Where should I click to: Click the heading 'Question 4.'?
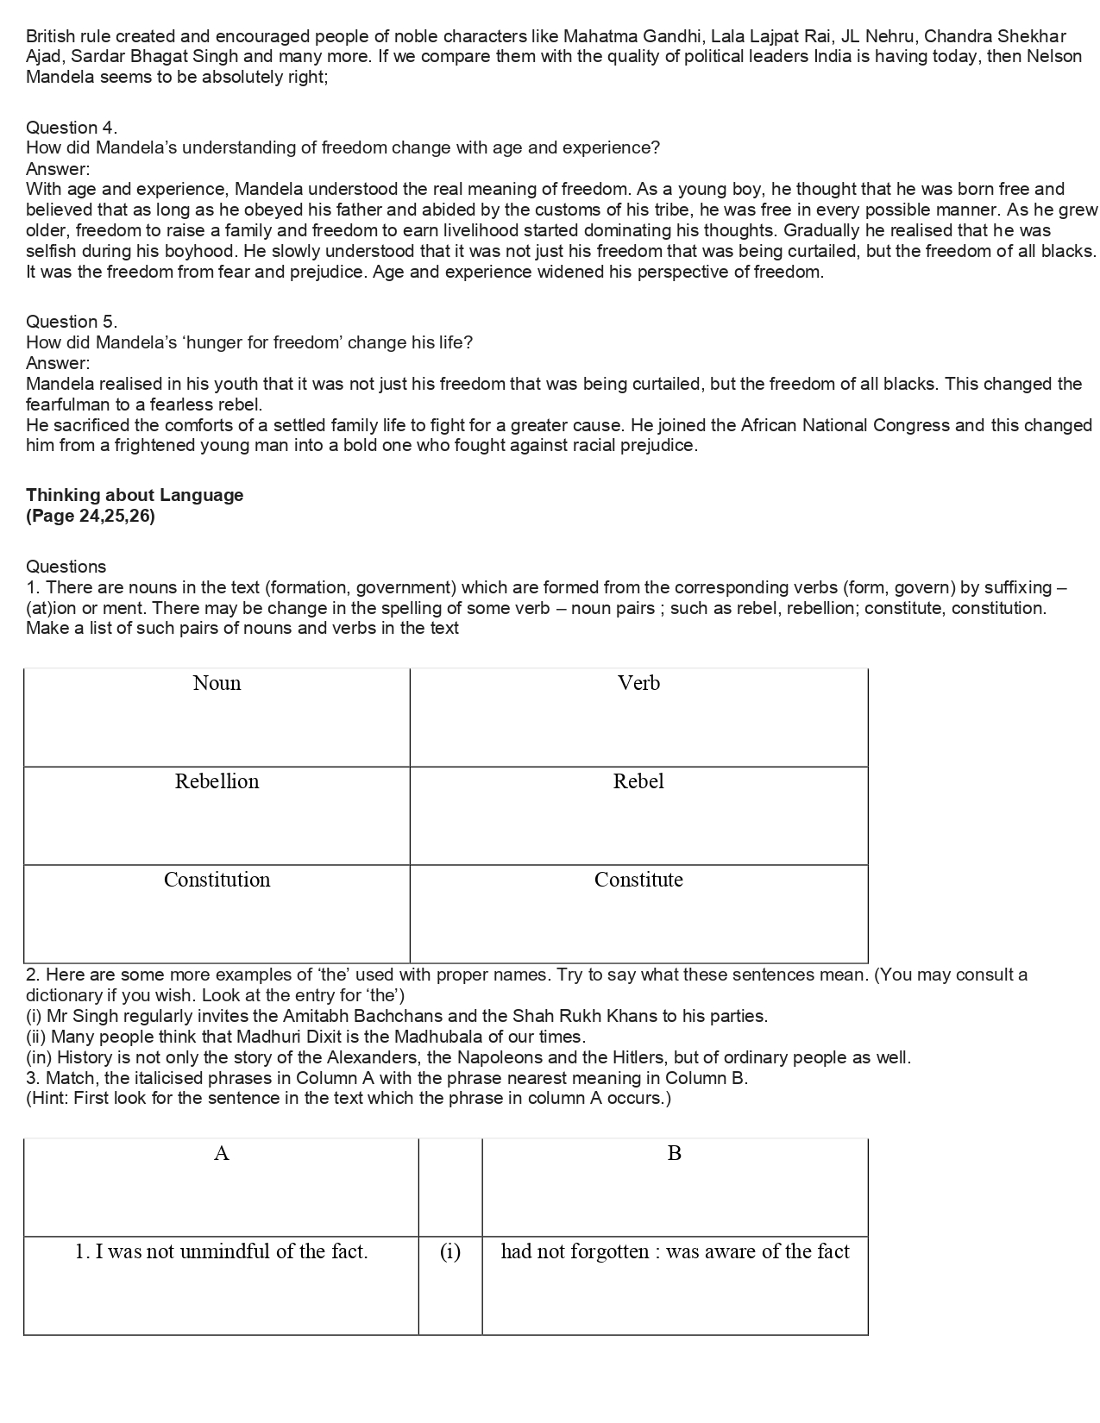click(x=72, y=128)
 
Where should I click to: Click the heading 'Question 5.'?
click(x=72, y=322)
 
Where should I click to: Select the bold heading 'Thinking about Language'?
click(x=135, y=495)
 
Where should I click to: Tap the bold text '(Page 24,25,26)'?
click(x=91, y=517)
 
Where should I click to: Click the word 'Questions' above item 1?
click(x=66, y=567)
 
